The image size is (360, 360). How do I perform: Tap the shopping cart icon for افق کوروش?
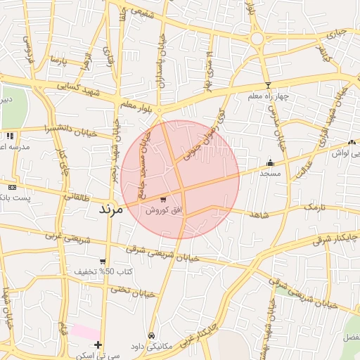164,200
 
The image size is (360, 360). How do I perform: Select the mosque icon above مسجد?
270,162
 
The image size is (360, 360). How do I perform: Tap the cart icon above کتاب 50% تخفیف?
103,262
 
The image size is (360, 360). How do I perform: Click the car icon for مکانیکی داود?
153,335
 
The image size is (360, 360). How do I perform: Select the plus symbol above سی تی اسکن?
98,345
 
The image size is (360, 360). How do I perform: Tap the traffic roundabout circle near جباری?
257,39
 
